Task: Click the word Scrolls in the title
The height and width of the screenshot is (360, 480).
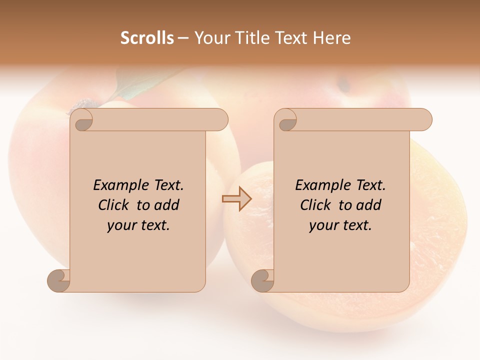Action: coord(147,38)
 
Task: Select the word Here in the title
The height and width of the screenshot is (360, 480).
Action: coord(332,38)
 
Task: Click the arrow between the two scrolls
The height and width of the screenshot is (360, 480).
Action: coord(237,199)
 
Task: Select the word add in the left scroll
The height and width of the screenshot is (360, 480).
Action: coord(166,205)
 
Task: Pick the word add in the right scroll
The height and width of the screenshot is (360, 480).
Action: coord(368,205)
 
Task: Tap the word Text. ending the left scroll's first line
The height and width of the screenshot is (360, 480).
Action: coord(167,185)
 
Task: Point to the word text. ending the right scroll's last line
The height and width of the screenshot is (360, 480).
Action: coord(356,225)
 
